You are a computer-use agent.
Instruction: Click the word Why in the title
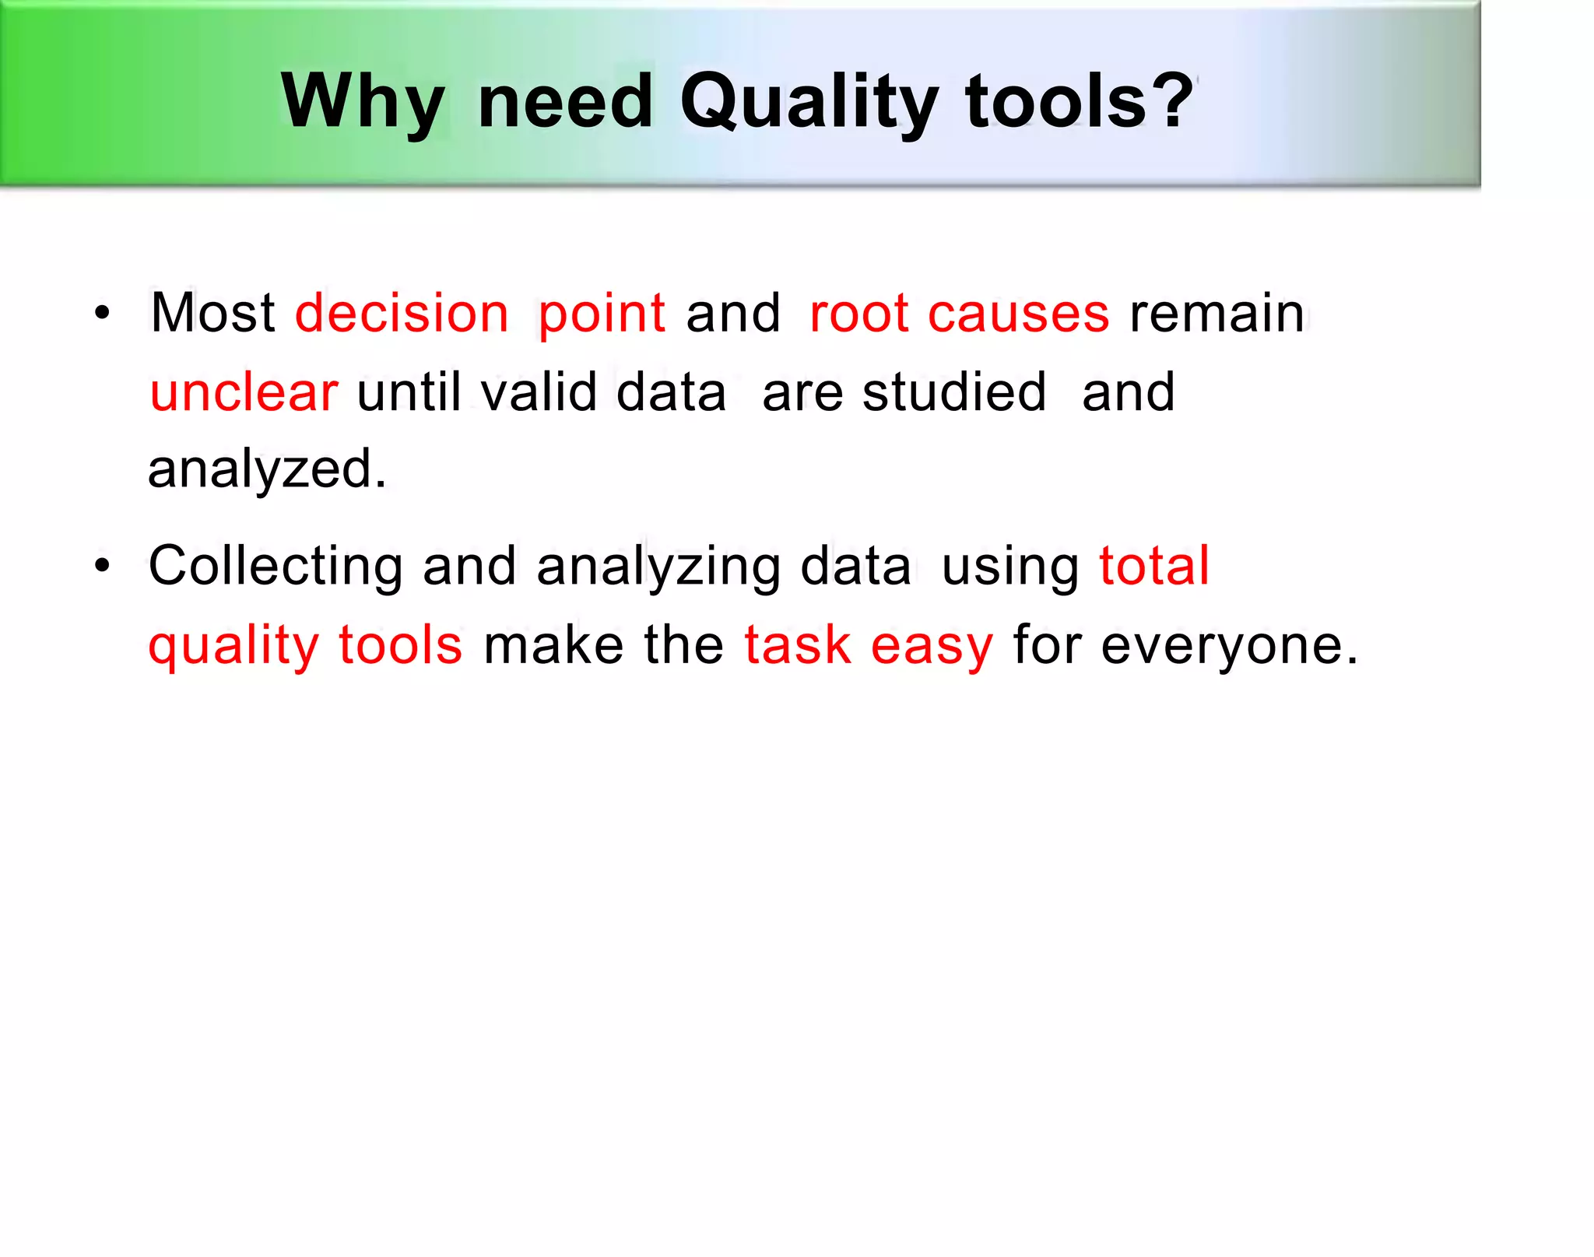pos(363,101)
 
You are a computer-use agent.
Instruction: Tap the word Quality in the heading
pos(809,101)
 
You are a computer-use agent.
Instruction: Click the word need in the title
pos(565,101)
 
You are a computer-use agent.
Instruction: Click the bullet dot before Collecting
pos(102,567)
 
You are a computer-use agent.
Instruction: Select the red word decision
pos(402,313)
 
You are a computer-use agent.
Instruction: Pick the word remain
pos(1217,313)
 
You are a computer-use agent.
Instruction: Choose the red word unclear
pos(244,392)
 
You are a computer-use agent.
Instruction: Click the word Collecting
pos(276,567)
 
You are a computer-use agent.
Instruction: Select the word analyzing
pos(658,567)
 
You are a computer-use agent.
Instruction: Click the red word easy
pos(932,646)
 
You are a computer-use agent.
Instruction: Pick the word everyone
pos(1229,646)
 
